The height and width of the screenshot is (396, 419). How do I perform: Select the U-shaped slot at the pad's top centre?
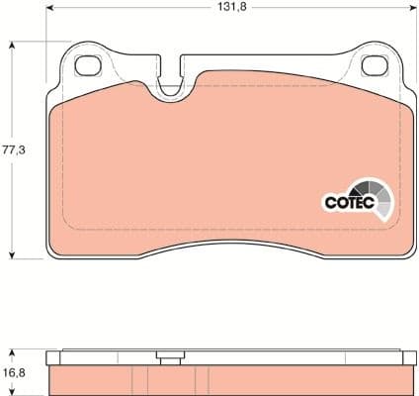click(174, 79)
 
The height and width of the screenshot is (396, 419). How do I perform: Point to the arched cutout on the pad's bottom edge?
click(227, 245)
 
